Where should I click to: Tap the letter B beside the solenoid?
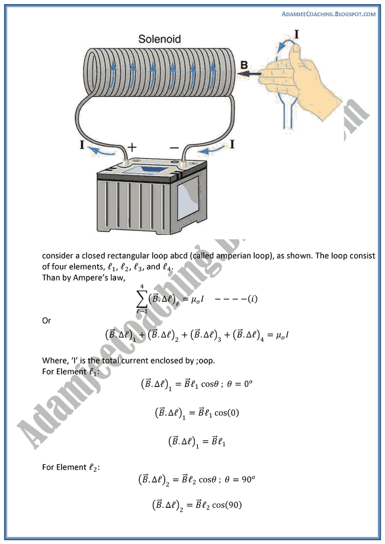click(x=244, y=65)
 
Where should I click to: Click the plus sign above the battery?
click(x=133, y=147)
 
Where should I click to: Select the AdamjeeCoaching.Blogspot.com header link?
click(x=329, y=14)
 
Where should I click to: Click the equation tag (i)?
click(x=251, y=300)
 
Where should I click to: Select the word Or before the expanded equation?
click(x=47, y=320)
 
